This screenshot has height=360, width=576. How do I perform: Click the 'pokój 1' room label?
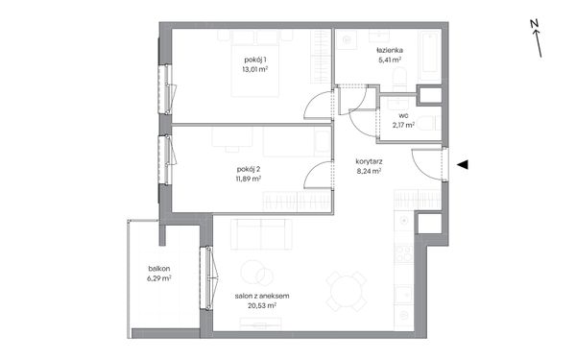255,60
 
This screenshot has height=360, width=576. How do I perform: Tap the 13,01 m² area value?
255,69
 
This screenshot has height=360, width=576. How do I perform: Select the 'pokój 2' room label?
249,169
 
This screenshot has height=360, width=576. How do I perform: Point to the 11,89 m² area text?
249,179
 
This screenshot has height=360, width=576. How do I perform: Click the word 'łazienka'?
390,50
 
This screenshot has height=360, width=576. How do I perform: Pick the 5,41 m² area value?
390,60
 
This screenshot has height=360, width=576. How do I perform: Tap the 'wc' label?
404,116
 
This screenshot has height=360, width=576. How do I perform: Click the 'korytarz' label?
370,161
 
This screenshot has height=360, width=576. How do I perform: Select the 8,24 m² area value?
369,171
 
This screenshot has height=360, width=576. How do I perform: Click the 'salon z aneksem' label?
262,296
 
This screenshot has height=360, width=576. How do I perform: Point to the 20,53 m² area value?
262,305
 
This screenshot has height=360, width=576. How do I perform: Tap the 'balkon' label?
159,269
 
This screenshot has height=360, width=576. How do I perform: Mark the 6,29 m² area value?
159,278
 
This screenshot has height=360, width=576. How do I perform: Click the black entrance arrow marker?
463,165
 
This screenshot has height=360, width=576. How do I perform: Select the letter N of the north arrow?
534,24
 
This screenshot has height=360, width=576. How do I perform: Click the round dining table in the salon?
347,292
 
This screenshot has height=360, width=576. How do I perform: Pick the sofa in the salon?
261,234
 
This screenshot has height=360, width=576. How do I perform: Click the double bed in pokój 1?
255,63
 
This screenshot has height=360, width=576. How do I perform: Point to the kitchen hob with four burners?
404,253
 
